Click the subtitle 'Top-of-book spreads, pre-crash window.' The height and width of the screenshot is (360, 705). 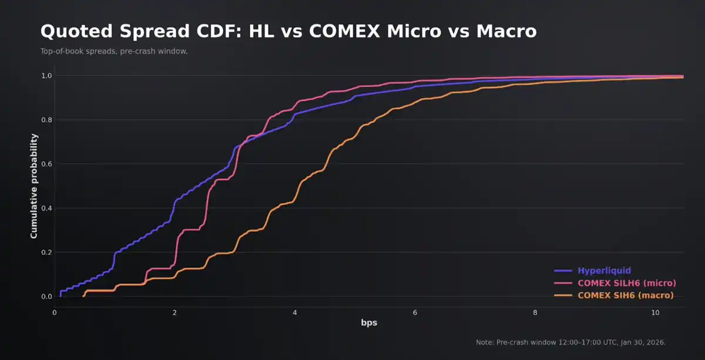tap(114, 51)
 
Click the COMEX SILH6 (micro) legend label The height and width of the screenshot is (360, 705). tap(626, 283)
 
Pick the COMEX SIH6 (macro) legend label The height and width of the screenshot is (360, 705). tap(625, 295)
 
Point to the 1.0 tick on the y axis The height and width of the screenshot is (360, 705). tap(46, 76)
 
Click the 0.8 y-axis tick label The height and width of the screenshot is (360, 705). tap(46, 120)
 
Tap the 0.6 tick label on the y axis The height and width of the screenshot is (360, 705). tap(46, 164)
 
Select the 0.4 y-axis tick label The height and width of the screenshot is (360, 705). tap(46, 208)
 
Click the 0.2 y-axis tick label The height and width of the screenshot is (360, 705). tap(46, 253)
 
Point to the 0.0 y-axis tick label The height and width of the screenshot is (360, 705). tap(46, 297)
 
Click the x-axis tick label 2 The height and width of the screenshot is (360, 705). tap(174, 313)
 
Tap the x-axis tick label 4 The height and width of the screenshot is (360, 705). tap(295, 313)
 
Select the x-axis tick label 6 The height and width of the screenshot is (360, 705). tap(415, 313)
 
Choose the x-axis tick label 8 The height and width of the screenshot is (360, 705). tap(535, 313)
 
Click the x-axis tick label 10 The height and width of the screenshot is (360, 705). tap(655, 313)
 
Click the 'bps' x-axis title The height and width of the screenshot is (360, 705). tap(368, 324)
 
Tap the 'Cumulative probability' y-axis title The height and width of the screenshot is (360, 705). tap(34, 186)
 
